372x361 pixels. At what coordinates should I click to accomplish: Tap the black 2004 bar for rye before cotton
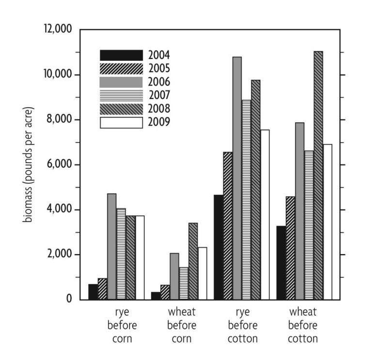point(218,247)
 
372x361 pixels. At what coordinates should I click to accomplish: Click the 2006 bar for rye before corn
point(112,246)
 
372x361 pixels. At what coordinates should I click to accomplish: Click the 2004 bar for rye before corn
point(93,291)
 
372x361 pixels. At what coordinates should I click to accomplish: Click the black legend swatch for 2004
point(121,55)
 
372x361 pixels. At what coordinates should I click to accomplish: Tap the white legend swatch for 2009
point(121,123)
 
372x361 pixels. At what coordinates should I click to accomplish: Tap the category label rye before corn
point(119,324)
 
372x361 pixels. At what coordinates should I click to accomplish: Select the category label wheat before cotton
point(303,324)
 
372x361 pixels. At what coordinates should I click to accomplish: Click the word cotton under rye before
point(241,338)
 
